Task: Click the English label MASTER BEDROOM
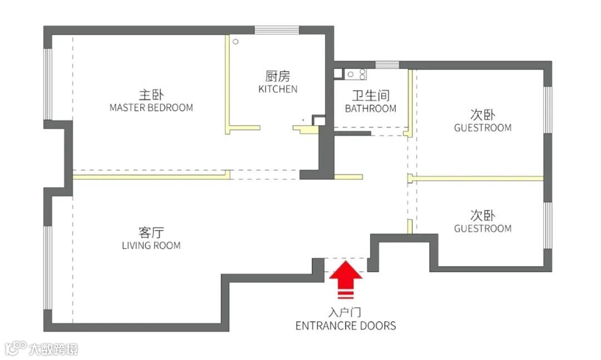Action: (151, 107)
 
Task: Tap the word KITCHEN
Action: (278, 89)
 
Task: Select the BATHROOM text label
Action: (371, 109)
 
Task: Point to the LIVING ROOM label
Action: (151, 245)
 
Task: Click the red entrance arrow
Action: (346, 278)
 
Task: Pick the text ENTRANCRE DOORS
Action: (346, 326)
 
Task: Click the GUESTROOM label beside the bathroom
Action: (482, 128)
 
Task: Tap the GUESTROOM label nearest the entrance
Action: (482, 229)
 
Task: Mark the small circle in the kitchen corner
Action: (235, 41)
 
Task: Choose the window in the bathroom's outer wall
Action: (387, 65)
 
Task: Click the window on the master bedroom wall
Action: (48, 83)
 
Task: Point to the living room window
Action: (48, 267)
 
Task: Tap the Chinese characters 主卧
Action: (151, 94)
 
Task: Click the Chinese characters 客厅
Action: (151, 232)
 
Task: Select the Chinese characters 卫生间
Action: (371, 96)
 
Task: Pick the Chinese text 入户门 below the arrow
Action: (346, 313)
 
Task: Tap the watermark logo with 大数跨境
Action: (42, 349)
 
